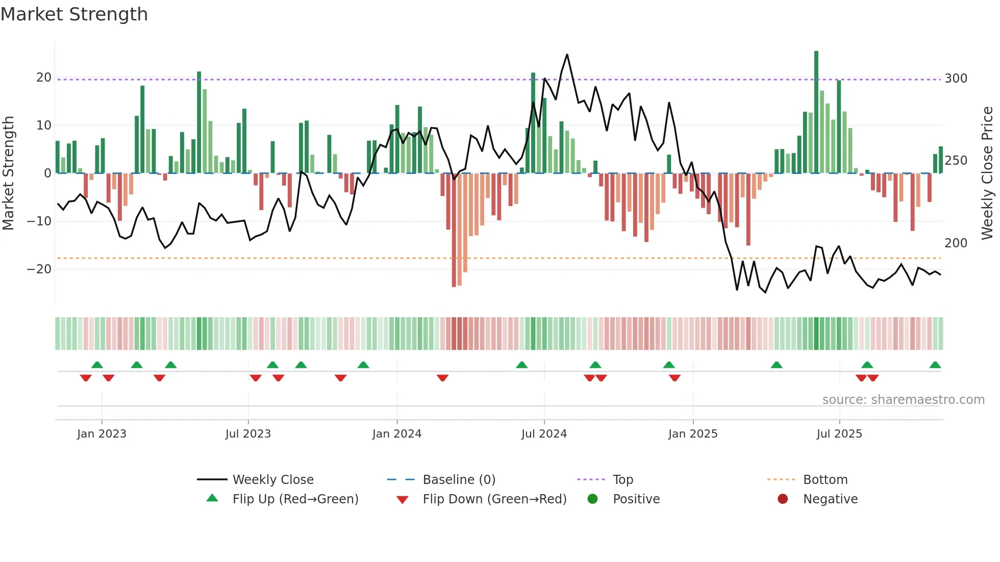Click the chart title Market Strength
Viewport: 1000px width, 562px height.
[74, 14]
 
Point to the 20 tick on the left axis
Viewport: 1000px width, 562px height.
[44, 78]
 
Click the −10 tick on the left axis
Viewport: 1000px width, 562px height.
[39, 221]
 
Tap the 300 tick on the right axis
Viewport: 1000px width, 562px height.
[956, 79]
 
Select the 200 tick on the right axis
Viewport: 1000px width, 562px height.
[956, 243]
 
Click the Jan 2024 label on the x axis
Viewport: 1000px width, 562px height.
[396, 434]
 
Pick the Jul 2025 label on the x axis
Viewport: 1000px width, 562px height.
[839, 434]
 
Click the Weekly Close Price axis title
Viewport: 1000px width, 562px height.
[987, 173]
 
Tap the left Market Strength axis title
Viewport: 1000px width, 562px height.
[9, 173]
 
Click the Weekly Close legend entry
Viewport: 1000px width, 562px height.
[272, 480]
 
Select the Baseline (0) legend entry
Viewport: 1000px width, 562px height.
[459, 480]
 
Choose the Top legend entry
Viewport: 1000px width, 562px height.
[622, 480]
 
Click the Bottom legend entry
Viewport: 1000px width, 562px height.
[825, 480]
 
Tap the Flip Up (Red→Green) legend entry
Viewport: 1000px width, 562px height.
[295, 499]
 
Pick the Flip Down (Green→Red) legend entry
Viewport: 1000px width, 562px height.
[494, 499]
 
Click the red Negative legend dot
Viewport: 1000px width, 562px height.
[782, 499]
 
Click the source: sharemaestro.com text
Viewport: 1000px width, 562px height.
[903, 400]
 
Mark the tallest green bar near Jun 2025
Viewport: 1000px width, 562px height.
[816, 112]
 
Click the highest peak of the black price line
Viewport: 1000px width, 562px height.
[567, 55]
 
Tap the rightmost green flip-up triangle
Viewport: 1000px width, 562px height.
[935, 365]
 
